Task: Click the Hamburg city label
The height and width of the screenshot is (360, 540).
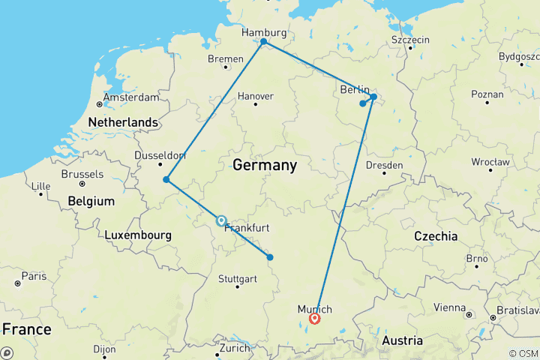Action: click(x=263, y=33)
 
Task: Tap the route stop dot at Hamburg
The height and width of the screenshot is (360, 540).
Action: click(x=263, y=42)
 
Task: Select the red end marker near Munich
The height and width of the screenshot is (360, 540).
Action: click(x=315, y=319)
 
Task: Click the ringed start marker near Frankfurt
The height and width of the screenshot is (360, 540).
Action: click(x=221, y=220)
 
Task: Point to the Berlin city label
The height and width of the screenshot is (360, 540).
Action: click(x=355, y=90)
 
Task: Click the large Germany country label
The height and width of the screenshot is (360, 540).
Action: click(x=265, y=164)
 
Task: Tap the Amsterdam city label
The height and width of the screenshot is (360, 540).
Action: click(x=131, y=97)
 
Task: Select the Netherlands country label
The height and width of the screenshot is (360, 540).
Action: click(x=123, y=122)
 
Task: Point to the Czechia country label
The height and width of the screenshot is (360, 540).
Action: click(x=436, y=235)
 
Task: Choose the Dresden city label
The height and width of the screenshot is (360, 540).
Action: click(x=384, y=165)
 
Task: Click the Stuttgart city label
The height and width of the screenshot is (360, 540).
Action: click(x=237, y=278)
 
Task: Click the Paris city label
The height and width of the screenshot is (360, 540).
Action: click(x=33, y=276)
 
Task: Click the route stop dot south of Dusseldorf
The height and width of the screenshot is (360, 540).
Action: click(x=166, y=180)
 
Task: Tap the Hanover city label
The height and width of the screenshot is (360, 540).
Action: click(x=255, y=96)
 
